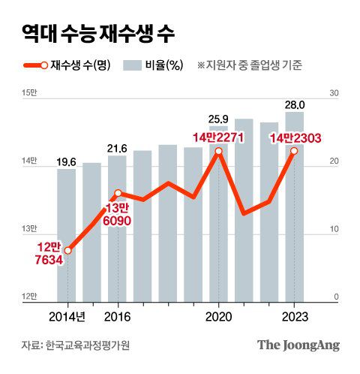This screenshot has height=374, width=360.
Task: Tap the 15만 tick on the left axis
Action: click(x=29, y=92)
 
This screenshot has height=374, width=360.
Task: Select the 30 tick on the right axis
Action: click(x=334, y=92)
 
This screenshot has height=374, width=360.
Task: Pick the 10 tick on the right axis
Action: click(x=334, y=229)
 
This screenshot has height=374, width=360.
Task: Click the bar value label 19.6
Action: click(x=67, y=160)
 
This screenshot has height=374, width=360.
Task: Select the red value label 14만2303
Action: click(x=294, y=136)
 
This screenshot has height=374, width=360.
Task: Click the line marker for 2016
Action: click(x=117, y=194)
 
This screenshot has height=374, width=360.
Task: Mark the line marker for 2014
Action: click(x=67, y=250)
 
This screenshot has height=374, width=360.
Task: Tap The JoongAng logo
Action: click(x=298, y=345)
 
